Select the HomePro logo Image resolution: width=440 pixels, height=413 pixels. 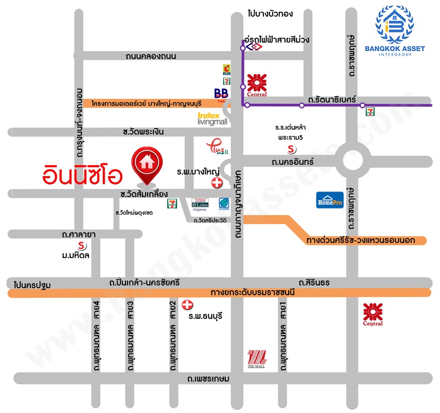pyautogui.click(x=329, y=200)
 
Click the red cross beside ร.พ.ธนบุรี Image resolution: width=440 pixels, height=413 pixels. pyautogui.click(x=187, y=305)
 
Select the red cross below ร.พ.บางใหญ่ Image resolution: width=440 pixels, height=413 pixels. pyautogui.click(x=217, y=183)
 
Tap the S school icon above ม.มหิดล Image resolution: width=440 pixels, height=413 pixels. pyautogui.click(x=81, y=245)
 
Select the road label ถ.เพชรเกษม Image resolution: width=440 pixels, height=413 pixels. pyautogui.click(x=209, y=379)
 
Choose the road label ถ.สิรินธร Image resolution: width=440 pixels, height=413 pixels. pyautogui.click(x=314, y=282)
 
